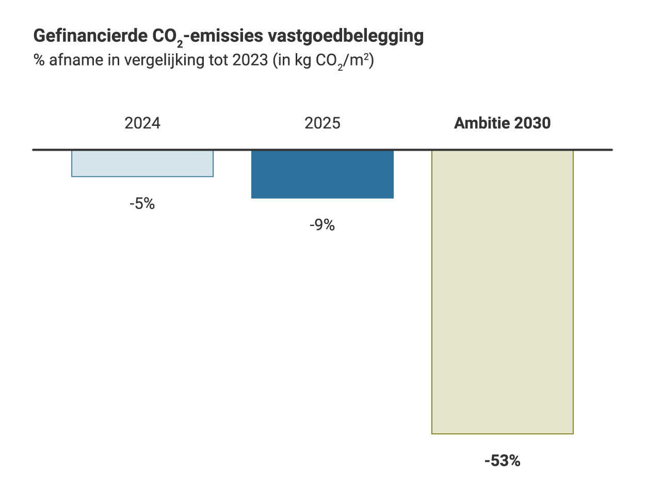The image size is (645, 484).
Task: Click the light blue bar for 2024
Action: (142, 164)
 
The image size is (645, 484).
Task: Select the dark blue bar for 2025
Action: (322, 174)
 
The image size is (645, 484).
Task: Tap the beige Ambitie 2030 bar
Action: (502, 292)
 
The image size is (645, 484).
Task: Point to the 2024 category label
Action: (142, 124)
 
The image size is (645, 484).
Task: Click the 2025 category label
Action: (322, 124)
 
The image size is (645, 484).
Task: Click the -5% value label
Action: (142, 204)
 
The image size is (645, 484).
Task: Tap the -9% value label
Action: (322, 225)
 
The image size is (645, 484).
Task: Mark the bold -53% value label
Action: (502, 461)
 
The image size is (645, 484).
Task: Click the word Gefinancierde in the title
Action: (90, 37)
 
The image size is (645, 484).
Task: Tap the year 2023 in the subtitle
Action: (249, 60)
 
